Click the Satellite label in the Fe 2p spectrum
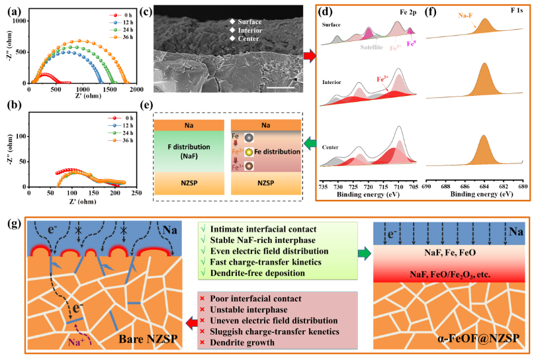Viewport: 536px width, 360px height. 374,47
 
